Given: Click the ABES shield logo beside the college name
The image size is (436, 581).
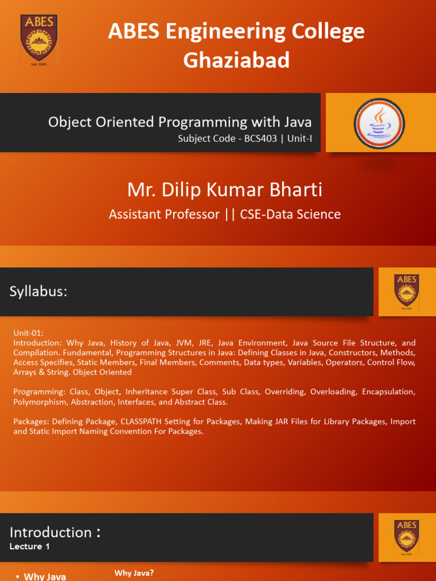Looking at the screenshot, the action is (39, 40).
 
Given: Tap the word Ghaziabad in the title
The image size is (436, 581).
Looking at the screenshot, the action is (236, 60).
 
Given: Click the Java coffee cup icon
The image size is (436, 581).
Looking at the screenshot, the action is (379, 123).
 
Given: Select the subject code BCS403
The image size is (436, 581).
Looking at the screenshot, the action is (260, 139).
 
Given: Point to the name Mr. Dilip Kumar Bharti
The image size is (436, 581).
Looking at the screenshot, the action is (225, 190).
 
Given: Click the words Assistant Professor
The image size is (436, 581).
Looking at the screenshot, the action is (164, 214).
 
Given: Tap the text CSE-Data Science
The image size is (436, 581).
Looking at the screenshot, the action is (290, 214).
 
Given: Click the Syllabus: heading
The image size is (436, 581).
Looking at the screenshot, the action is (38, 292).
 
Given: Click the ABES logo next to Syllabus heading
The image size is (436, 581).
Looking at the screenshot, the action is (406, 291).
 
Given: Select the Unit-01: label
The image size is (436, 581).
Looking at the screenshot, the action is (28, 333).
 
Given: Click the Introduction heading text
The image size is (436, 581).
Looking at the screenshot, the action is (51, 532).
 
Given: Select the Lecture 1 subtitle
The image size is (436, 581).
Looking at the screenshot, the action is (30, 546).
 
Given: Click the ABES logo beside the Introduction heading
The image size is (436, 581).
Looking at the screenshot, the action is (406, 537).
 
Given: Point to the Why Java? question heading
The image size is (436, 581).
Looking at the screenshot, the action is (134, 573).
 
